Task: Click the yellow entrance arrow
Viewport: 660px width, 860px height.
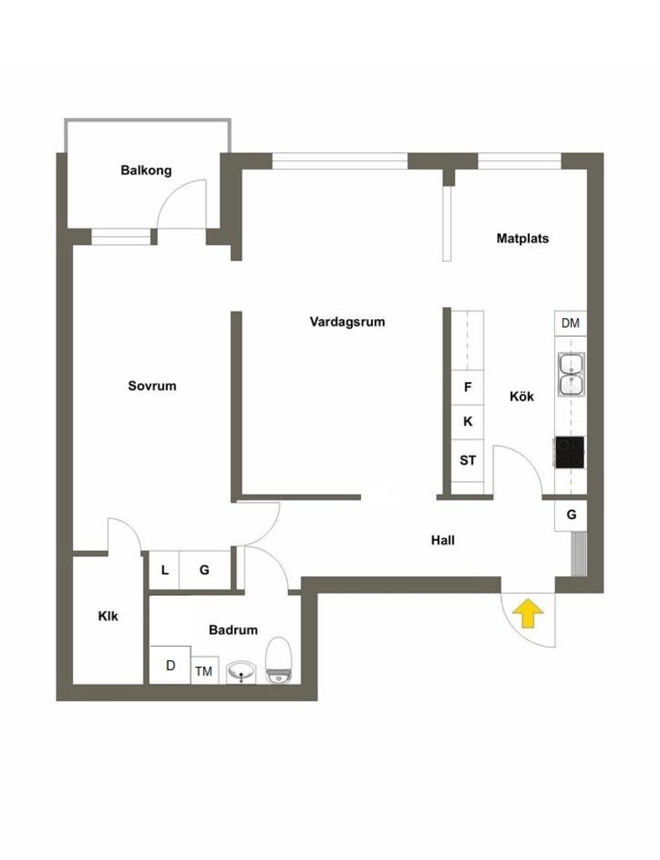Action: pos(526,613)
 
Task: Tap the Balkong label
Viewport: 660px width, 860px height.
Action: pos(146,170)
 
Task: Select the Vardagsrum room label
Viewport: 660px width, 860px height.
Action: pos(347,321)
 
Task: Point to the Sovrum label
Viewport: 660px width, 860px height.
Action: pos(152,386)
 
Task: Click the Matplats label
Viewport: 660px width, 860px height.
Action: pos(522,239)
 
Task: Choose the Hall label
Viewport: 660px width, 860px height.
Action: pos(443,541)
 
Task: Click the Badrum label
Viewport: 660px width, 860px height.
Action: pos(233,630)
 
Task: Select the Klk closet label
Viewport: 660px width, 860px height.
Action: pos(108,616)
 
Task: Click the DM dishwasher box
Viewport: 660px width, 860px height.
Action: pos(570,323)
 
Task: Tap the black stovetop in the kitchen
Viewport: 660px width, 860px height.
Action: pos(570,452)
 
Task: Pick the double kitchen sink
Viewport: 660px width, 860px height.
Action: pos(571,374)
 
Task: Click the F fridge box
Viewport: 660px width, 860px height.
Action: pos(468,387)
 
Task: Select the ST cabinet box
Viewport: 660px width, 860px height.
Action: pos(468,460)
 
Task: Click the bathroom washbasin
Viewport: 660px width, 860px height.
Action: pos(244,671)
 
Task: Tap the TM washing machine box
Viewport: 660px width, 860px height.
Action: pos(204,670)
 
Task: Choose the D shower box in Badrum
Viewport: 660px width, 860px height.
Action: pos(170,665)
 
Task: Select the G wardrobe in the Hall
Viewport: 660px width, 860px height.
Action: pos(571,515)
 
